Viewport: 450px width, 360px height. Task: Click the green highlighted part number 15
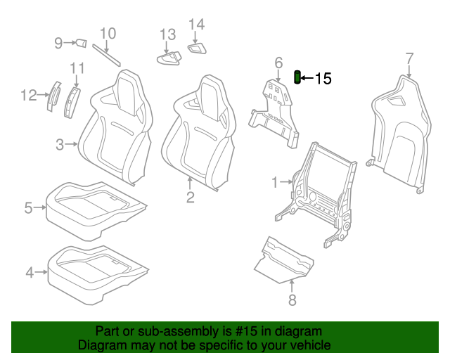pyautogui.click(x=297, y=77)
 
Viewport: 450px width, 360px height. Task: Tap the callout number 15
pyautogui.click(x=323, y=78)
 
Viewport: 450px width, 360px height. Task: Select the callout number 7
pyautogui.click(x=409, y=59)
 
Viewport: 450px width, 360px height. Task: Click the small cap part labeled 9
pyautogui.click(x=81, y=44)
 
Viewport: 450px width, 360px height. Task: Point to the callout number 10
pyautogui.click(x=108, y=34)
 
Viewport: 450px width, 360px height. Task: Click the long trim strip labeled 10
pyautogui.click(x=106, y=55)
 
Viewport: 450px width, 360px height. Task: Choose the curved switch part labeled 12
pyautogui.click(x=53, y=96)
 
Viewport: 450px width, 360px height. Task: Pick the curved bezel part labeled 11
pyautogui.click(x=72, y=103)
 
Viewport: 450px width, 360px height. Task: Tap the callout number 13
pyautogui.click(x=167, y=34)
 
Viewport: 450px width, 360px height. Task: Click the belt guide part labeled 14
pyautogui.click(x=197, y=49)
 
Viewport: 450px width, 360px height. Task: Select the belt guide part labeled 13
pyautogui.click(x=169, y=58)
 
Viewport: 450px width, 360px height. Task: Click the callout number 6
pyautogui.click(x=278, y=63)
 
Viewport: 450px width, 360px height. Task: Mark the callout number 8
pyautogui.click(x=292, y=300)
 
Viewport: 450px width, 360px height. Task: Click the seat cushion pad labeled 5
pyautogui.click(x=96, y=211)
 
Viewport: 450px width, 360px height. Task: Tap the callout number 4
pyautogui.click(x=30, y=272)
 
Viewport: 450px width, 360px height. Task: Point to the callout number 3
pyautogui.click(x=60, y=145)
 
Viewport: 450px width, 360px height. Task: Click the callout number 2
pyautogui.click(x=191, y=198)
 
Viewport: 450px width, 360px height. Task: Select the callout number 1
pyautogui.click(x=275, y=183)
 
